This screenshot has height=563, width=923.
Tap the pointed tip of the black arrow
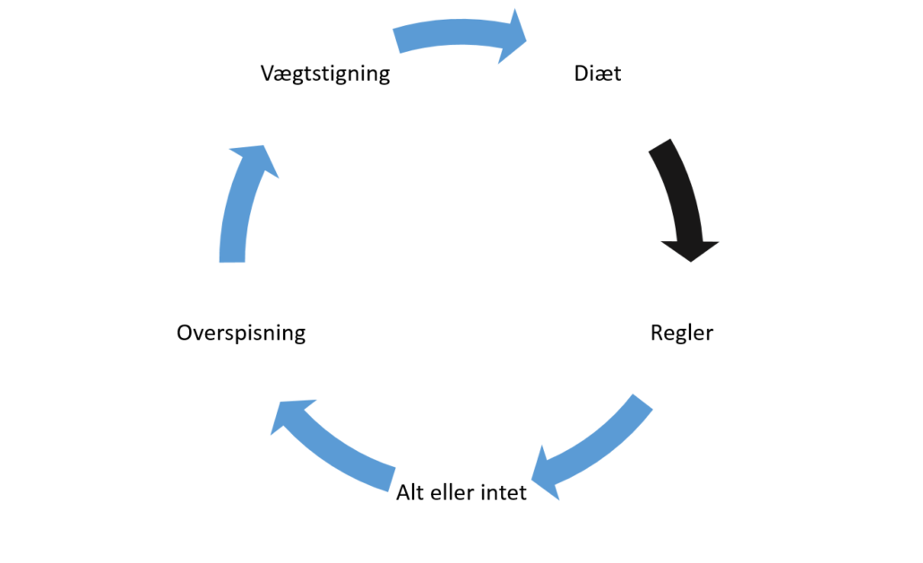tap(690, 262)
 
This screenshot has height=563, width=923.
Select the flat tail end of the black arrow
tap(660, 146)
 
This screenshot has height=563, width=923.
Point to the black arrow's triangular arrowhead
tap(690, 249)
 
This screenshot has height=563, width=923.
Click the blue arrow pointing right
tap(457, 35)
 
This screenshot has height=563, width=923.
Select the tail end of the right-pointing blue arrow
tap(396, 40)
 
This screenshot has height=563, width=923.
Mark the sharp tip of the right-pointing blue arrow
tap(528, 38)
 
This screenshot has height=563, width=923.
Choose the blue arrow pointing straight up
tap(237, 211)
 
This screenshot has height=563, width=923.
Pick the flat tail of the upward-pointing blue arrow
tap(231, 260)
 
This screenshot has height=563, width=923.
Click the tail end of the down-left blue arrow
tap(643, 401)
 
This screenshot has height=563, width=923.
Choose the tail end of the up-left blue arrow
tap(392, 477)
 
